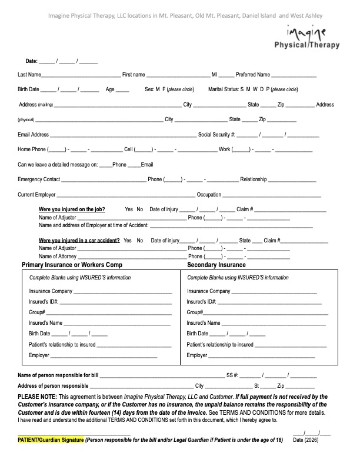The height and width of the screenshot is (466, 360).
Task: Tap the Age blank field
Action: (x=122, y=91)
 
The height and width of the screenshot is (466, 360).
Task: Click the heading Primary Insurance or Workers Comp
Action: (x=72, y=265)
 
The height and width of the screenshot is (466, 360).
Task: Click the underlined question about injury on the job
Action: (x=72, y=209)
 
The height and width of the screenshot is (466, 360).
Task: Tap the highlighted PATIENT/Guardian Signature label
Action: (x=51, y=440)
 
